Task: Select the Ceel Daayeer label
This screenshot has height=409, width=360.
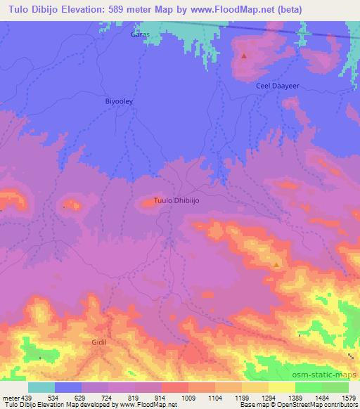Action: (x=277, y=85)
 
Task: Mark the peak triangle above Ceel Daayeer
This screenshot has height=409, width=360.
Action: (x=244, y=56)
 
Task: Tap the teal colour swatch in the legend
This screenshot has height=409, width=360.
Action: (x=41, y=387)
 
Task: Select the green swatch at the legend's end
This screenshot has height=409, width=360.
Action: (x=335, y=387)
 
